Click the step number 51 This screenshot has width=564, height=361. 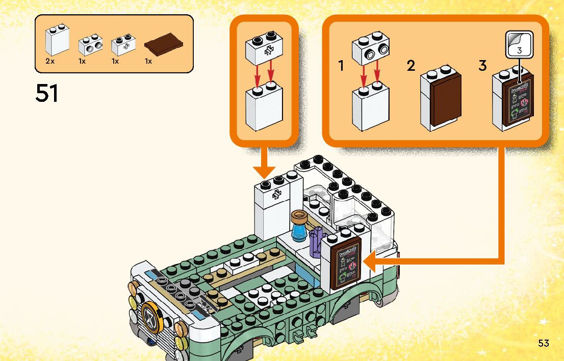tap(46, 93)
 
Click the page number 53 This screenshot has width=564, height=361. tap(543, 343)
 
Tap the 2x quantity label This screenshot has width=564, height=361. tap(49, 61)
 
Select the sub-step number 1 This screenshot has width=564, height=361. tap(342, 66)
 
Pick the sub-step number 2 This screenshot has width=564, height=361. tap(411, 66)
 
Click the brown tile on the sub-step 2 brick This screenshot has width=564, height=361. tap(445, 99)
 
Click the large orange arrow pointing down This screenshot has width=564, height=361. tap(264, 163)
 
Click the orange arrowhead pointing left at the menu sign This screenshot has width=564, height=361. tap(372, 263)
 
